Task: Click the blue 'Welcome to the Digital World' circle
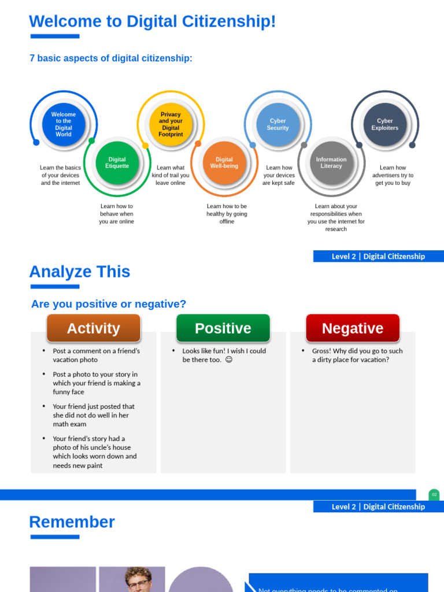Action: tap(64, 124)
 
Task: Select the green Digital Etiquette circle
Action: tap(117, 163)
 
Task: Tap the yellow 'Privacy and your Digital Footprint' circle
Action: tap(171, 124)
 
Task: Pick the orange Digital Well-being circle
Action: tap(224, 163)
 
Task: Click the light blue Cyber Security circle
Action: tap(278, 124)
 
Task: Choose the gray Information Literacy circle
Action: tap(331, 163)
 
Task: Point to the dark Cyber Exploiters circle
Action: tap(385, 124)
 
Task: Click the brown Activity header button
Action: tap(94, 328)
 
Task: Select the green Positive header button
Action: tap(223, 328)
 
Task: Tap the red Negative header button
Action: tap(353, 328)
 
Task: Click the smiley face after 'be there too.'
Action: tap(229, 360)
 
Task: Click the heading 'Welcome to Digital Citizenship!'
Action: tap(152, 21)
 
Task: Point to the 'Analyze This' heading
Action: tap(80, 272)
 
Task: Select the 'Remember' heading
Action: tap(72, 522)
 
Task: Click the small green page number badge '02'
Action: tap(434, 495)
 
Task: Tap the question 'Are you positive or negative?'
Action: tap(109, 304)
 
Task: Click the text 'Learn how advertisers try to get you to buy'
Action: tap(393, 175)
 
